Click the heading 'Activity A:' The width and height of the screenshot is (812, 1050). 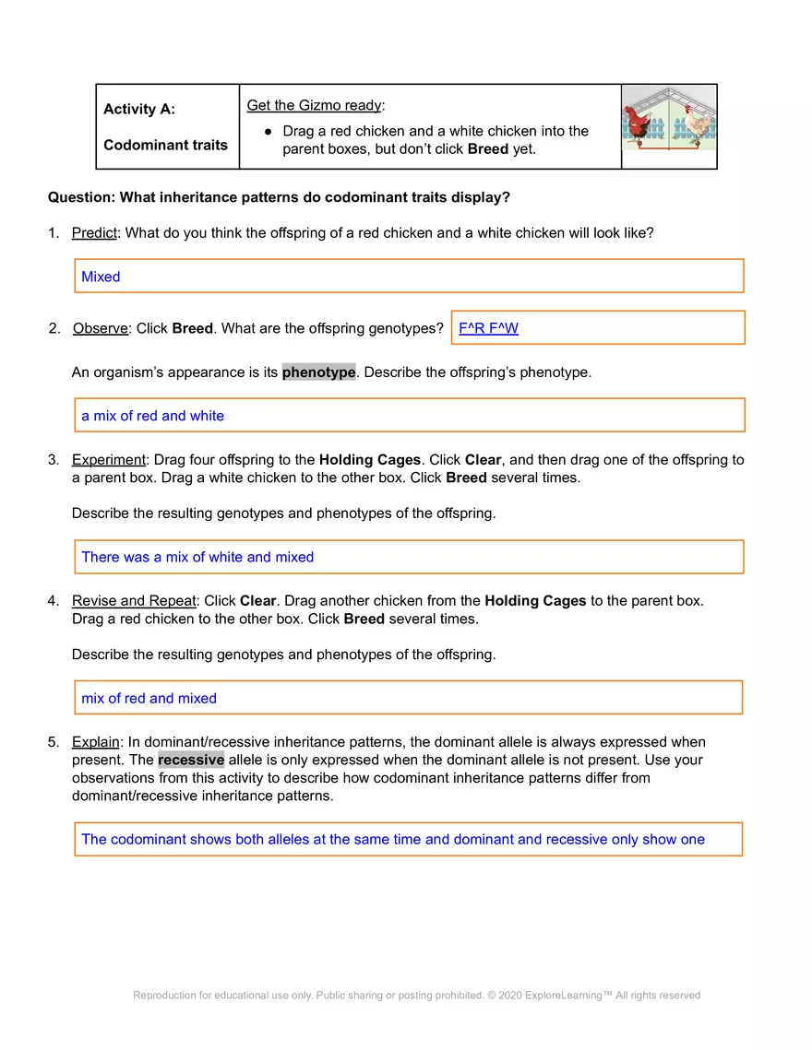139,109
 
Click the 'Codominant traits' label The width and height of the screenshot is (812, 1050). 165,145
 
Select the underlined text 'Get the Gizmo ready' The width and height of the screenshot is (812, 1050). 314,105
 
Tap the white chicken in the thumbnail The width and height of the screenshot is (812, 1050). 699,124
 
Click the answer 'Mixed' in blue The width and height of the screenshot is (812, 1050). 101,277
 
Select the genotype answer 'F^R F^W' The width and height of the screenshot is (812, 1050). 488,328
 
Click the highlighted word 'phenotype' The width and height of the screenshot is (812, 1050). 318,372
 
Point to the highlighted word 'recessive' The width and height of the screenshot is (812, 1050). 191,760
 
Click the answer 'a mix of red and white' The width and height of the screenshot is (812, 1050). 152,416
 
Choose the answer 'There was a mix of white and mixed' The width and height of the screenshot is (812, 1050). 197,557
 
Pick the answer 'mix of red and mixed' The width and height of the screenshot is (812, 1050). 149,698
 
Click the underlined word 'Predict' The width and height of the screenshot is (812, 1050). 94,232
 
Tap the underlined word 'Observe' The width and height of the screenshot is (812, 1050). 101,328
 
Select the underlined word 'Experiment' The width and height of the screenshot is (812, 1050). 109,459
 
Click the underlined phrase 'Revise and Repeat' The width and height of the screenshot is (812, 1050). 134,600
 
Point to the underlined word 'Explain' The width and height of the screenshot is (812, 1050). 96,741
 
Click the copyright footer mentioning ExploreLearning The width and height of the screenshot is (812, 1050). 416,995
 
